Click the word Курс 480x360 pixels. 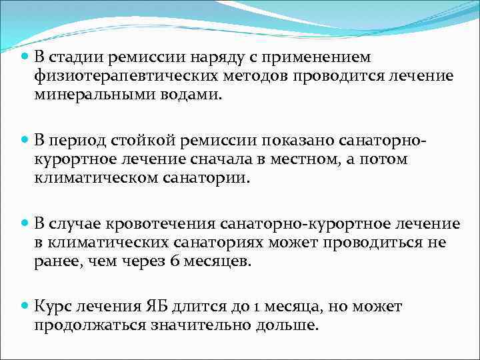click(54, 307)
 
